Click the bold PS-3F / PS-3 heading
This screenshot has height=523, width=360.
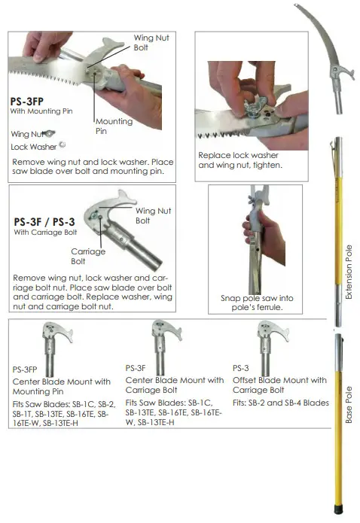[x=46, y=222]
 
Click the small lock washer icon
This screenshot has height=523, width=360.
[x=63, y=144]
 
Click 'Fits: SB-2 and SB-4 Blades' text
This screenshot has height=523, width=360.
[x=281, y=403]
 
